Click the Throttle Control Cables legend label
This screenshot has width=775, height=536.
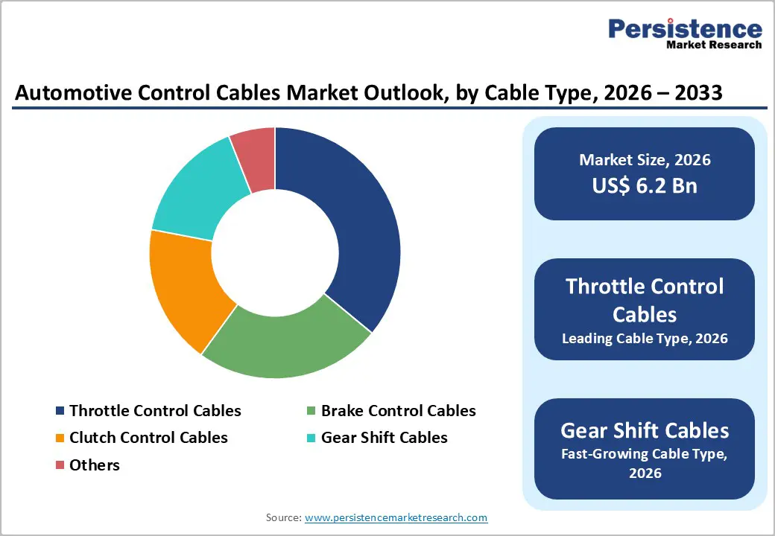[155, 411]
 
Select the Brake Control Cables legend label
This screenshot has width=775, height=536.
[398, 411]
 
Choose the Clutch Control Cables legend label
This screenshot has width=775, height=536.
[148, 438]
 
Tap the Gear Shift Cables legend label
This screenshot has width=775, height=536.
[384, 438]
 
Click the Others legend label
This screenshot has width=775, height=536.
[95, 465]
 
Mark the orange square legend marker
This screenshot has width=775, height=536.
[60, 438]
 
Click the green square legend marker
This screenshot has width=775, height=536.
[311, 412]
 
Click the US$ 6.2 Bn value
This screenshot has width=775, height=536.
[645, 185]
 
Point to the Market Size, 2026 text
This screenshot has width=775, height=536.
[645, 160]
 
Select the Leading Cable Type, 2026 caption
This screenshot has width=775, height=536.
[645, 339]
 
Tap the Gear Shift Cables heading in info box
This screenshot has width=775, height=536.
[645, 430]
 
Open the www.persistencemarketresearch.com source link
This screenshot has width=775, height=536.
[396, 517]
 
